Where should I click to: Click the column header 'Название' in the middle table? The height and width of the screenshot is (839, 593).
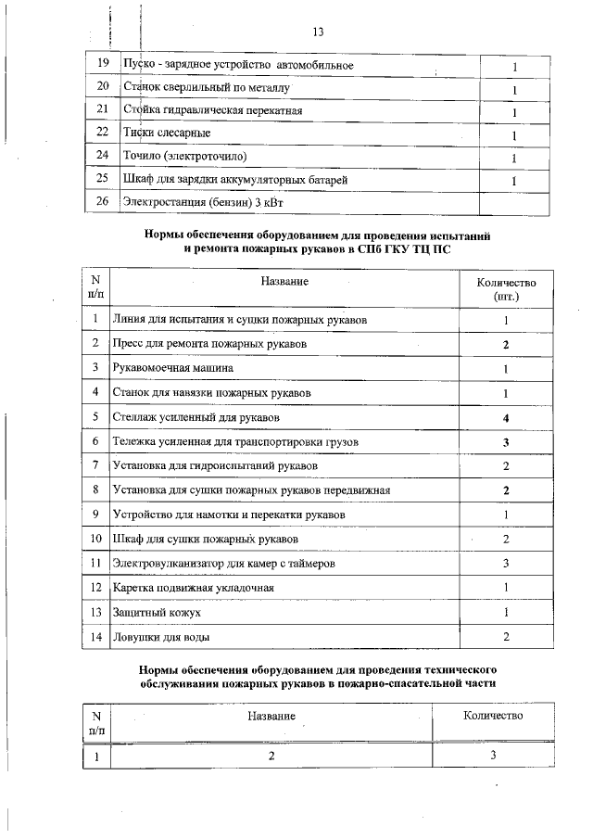(x=284, y=281)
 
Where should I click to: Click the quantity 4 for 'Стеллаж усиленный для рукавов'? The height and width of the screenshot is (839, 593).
(x=506, y=417)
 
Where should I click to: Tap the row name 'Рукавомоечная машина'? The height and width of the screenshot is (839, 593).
(x=172, y=368)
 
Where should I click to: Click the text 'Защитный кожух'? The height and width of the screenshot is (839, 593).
(x=156, y=613)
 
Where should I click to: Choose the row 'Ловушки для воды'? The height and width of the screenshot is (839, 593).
(x=160, y=637)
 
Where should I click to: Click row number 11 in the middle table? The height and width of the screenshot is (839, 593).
(x=95, y=563)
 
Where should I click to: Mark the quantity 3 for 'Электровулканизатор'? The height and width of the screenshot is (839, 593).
(x=506, y=563)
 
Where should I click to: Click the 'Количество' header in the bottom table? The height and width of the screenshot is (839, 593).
(x=493, y=716)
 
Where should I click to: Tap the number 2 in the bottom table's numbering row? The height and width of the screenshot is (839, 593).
(x=271, y=756)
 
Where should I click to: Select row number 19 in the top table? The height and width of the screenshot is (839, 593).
(x=103, y=65)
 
